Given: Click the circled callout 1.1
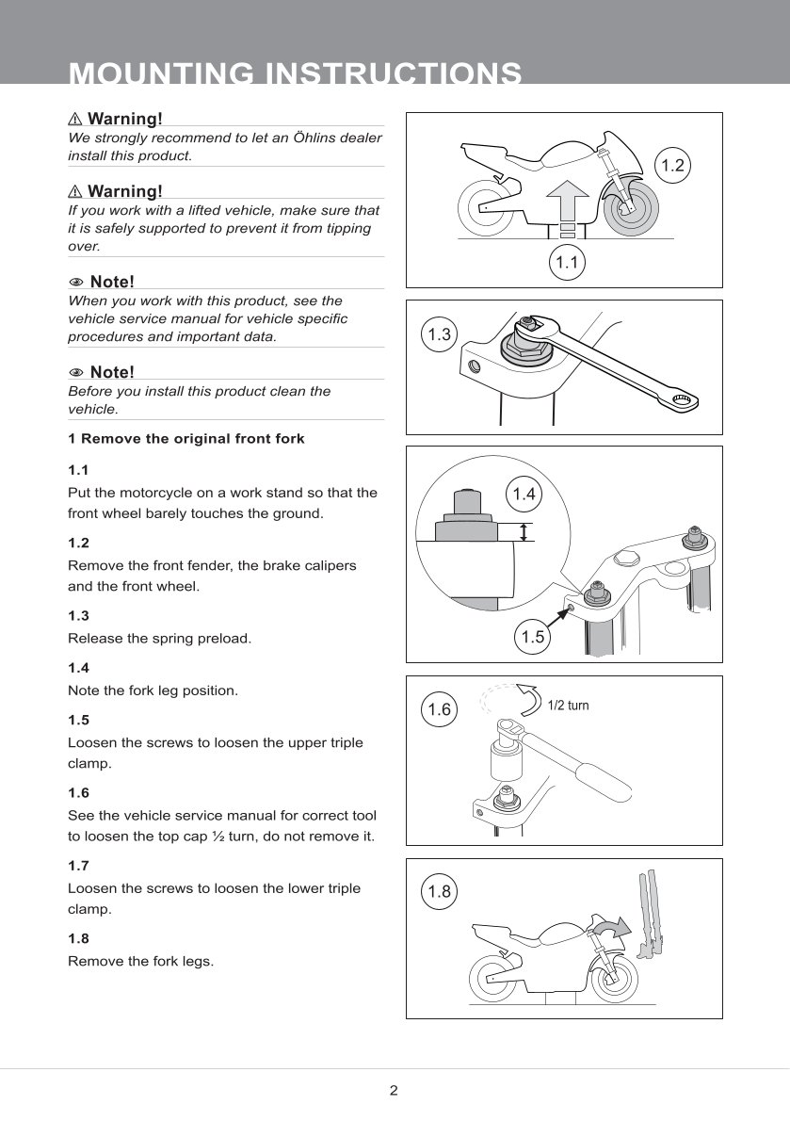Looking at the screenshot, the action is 567,263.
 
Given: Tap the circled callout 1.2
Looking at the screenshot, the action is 673,165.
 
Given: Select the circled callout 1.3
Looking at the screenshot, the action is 440,333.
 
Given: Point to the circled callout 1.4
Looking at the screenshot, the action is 524,494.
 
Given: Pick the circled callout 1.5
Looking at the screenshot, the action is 533,636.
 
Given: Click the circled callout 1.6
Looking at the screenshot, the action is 440,709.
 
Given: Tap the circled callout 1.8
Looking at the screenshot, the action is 440,891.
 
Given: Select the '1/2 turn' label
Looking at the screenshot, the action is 569,706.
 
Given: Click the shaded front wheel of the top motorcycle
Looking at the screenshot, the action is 631,209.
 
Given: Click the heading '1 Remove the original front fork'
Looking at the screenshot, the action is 185,439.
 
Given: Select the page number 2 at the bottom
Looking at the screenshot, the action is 394,1090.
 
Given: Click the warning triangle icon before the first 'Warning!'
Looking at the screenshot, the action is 75,119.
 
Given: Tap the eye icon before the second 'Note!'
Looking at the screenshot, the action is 75,372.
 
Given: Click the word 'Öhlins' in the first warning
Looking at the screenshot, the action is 315,138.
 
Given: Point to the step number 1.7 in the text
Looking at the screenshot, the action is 78,866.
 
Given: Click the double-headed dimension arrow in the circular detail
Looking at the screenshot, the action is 524,531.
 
